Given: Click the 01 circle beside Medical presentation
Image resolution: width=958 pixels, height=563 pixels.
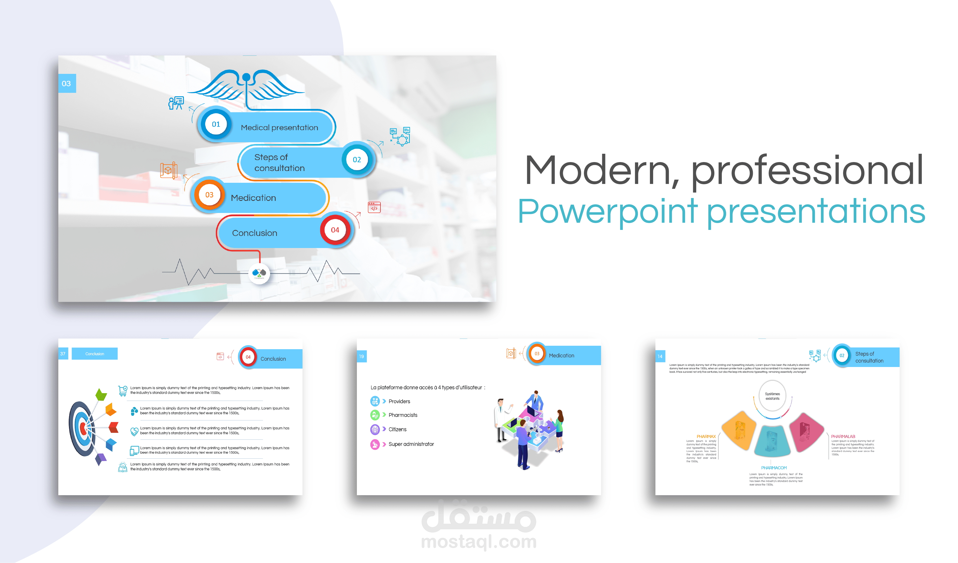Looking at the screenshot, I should pos(216,124).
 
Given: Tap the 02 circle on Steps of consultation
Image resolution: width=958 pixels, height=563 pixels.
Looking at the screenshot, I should pos(357,160).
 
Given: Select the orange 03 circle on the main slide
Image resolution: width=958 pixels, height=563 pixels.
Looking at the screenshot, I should pos(209,195).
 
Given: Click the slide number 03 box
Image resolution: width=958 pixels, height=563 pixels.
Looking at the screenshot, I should pos(67,83).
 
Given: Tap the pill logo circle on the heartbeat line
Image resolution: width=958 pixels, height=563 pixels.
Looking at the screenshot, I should pos(259,273).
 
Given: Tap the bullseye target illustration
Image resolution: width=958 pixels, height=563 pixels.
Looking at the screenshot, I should pos(82,429).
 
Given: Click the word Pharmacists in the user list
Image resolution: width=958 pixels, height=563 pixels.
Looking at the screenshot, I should pos(403,415).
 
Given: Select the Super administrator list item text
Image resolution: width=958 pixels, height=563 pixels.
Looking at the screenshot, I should pos(411,444).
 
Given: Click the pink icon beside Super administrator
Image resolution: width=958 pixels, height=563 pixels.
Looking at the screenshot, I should pos(375,444).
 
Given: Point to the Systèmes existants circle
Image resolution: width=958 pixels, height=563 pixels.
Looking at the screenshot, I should pos(772,396).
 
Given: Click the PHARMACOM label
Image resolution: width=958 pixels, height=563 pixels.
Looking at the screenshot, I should pos(774,468).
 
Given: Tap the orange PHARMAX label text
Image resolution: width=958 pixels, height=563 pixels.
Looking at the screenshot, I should pos(706,437).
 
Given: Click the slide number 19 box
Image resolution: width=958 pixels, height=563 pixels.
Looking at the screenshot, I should pos(361,356).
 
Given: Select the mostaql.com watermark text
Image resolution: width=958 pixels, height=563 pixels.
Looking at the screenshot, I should pos(479,541).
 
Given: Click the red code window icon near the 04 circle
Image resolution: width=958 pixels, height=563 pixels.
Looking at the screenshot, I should pos(374,207).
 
